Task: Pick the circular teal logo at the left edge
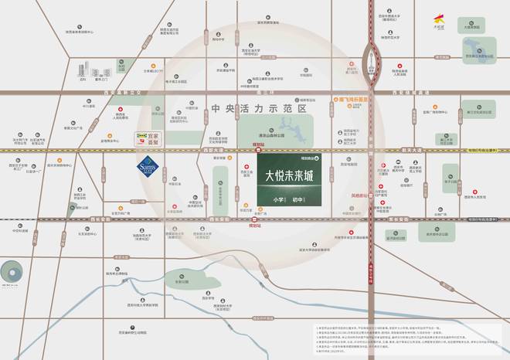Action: pos(12,273)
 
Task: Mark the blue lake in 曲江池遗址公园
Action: pos(472,51)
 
